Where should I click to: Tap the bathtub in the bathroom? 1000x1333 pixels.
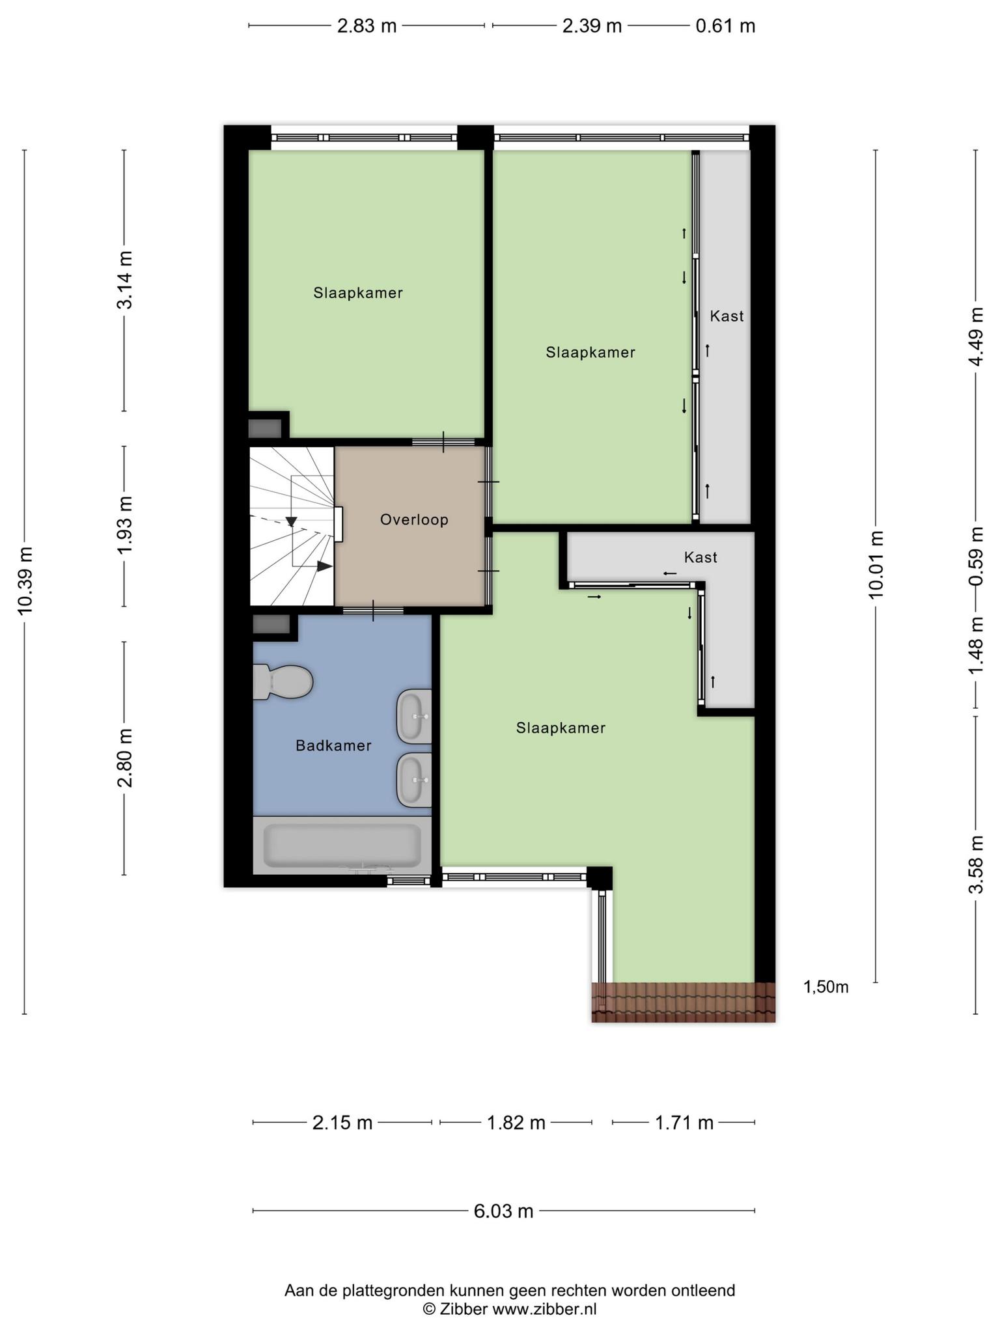click(342, 845)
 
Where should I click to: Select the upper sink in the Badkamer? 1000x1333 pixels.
click(415, 716)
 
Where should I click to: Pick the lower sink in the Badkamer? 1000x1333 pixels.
click(415, 780)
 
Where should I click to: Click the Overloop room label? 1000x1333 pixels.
click(415, 520)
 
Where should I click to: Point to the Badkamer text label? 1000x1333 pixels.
click(333, 746)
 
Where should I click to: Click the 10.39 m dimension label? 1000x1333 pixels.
click(25, 581)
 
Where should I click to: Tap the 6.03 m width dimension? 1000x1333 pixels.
click(504, 1211)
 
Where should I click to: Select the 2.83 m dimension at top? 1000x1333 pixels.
click(367, 26)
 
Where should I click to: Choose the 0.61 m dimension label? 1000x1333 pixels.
click(725, 26)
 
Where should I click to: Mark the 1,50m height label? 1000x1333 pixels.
click(826, 987)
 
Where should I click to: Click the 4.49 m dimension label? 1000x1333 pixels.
click(976, 337)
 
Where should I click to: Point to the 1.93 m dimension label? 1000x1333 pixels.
click(124, 525)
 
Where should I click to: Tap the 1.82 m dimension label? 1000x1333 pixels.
click(516, 1123)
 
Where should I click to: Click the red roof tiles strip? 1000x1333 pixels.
click(684, 1002)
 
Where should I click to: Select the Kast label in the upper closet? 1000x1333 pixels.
click(727, 316)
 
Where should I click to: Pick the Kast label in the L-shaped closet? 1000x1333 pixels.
click(701, 557)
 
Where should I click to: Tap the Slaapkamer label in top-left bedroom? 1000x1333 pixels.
click(358, 293)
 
